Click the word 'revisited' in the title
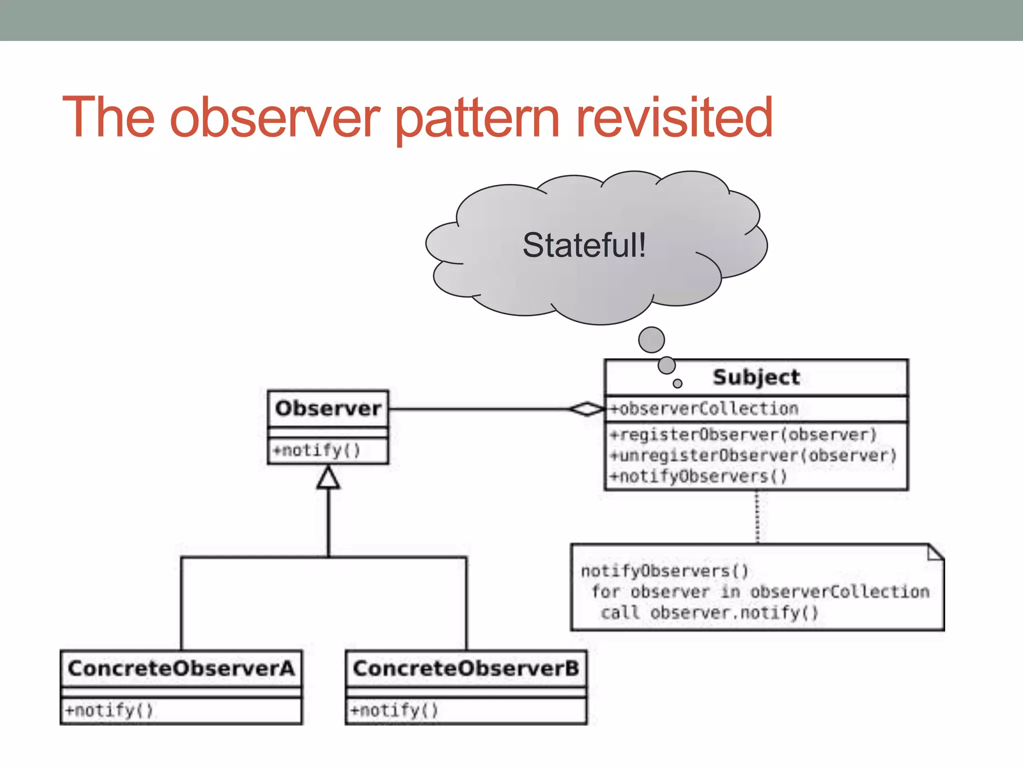674,118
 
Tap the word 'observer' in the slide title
275,118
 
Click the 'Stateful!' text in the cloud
584,245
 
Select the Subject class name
756,377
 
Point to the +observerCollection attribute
704,409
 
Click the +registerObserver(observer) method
743,434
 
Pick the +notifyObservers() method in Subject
698,476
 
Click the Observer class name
328,408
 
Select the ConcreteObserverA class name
181,668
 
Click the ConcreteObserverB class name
466,668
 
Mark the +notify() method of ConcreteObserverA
109,710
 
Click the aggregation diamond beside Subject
587,409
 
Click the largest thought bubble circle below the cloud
651,340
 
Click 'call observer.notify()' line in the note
709,613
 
